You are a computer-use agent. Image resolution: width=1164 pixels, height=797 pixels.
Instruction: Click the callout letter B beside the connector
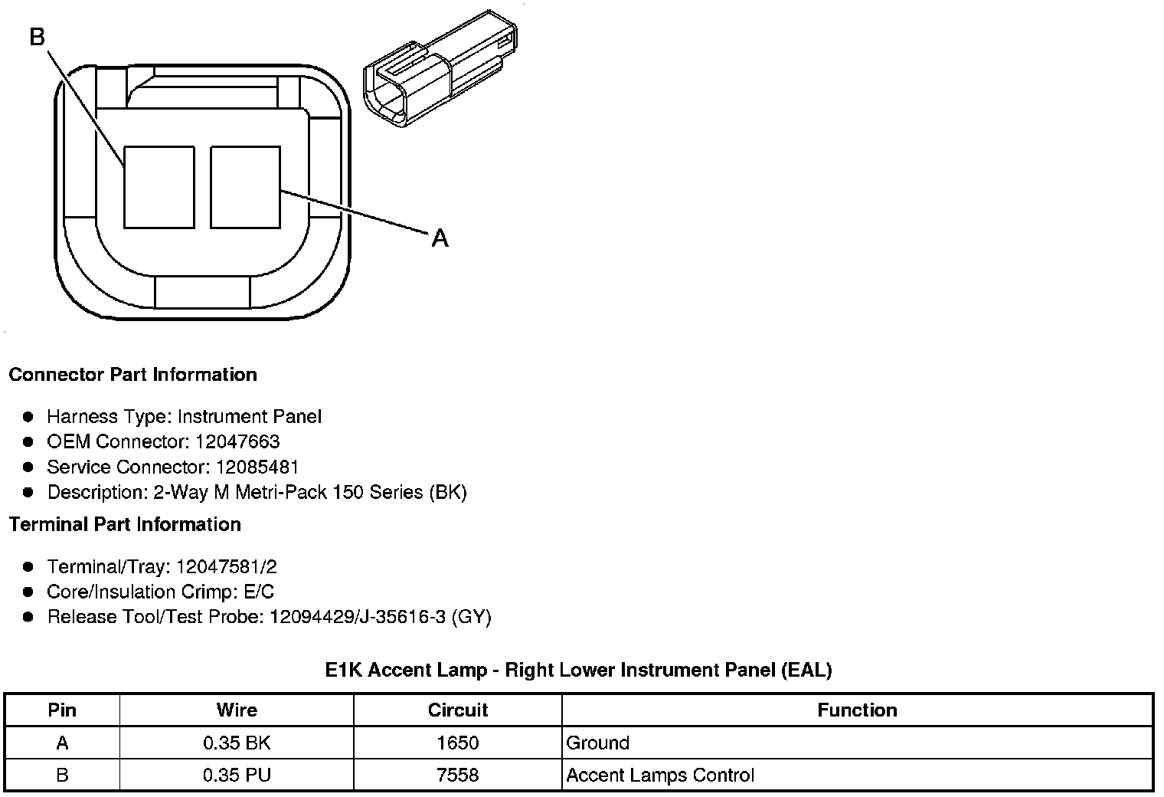[38, 37]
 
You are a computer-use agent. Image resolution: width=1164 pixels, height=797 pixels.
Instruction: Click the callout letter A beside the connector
[440, 238]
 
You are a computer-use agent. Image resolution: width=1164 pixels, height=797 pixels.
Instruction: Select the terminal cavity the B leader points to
[159, 187]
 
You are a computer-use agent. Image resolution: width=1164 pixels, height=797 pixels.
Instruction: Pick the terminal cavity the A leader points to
[245, 187]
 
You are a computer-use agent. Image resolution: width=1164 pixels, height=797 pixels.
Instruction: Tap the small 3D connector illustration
[440, 69]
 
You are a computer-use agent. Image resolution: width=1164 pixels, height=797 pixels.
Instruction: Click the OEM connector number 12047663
[237, 441]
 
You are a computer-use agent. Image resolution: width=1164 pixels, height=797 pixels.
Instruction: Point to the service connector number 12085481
[257, 467]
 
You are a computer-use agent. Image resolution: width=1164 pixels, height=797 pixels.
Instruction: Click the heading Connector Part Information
[133, 374]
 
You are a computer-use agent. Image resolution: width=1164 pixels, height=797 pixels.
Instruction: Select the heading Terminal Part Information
[126, 524]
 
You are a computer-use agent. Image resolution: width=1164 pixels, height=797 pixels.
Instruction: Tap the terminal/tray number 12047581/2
[227, 566]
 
